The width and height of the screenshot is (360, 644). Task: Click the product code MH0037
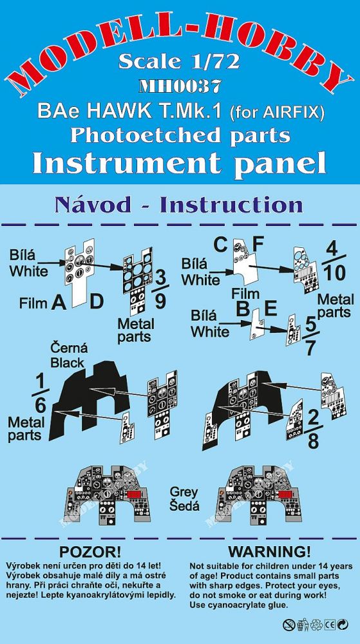180,86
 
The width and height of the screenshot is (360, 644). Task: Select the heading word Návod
87,205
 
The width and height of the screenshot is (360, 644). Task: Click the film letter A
59,303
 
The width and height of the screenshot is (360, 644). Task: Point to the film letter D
97,303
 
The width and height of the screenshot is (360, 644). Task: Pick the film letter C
221,245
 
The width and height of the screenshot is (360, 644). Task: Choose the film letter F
258,245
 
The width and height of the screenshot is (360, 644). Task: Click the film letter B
242,309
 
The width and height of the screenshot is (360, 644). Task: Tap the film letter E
270,309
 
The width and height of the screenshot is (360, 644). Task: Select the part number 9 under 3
161,302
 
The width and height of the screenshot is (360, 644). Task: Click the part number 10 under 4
334,273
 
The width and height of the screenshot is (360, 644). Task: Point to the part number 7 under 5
310,348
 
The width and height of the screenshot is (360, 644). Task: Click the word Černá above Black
68,349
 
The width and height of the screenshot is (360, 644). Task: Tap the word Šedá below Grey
185,505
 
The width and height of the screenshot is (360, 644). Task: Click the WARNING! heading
270,551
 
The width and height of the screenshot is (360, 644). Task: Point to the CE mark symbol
330,625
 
